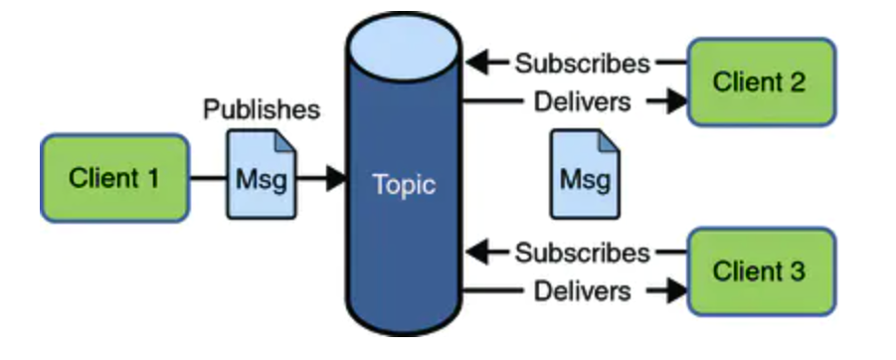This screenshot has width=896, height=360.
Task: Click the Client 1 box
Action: click(x=114, y=178)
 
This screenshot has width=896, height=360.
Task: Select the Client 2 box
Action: click(x=762, y=83)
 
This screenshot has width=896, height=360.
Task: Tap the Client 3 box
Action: click(x=762, y=271)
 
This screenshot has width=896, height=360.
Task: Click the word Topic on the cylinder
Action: click(x=404, y=185)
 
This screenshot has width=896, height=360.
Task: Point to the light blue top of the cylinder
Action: click(x=404, y=47)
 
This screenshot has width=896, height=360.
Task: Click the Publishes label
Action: click(x=262, y=109)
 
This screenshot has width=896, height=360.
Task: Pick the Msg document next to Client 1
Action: click(x=262, y=174)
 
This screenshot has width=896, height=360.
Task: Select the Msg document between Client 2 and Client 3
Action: click(x=585, y=174)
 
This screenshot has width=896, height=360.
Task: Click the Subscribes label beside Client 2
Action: click(x=583, y=64)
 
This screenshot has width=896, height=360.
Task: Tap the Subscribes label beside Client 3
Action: click(x=583, y=253)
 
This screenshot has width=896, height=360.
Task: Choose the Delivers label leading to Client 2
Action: click(x=583, y=101)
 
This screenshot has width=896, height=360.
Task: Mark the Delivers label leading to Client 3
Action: click(x=583, y=290)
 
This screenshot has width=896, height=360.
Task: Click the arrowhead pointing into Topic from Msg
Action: click(x=335, y=178)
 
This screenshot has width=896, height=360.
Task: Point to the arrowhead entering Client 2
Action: click(x=677, y=101)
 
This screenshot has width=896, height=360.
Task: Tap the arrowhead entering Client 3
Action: click(x=677, y=290)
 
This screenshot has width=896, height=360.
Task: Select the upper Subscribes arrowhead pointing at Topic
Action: click(x=477, y=63)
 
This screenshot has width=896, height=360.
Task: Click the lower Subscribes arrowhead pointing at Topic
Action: click(x=477, y=252)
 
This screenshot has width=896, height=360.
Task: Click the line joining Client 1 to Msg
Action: click(x=208, y=178)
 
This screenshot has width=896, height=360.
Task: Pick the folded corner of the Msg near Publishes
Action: click(x=286, y=140)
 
